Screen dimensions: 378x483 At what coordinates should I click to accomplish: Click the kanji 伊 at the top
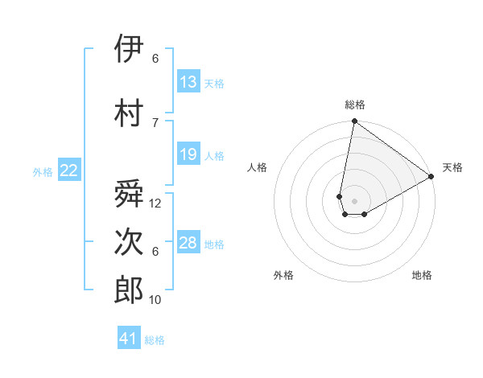(x=129, y=49)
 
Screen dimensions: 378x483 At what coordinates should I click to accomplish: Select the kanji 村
(x=129, y=112)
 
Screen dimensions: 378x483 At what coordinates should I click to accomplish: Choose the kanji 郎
(x=129, y=290)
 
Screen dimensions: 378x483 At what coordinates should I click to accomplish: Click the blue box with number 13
(x=188, y=82)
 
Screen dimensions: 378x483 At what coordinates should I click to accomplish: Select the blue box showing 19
(x=188, y=154)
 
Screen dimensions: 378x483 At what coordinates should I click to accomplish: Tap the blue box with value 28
(x=188, y=243)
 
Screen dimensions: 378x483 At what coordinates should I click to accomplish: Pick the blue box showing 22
(x=69, y=171)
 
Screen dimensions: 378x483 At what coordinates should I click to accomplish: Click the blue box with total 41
(x=129, y=339)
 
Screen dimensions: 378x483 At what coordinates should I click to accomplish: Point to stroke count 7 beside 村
(x=155, y=122)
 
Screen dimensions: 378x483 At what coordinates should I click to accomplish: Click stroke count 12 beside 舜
(x=155, y=203)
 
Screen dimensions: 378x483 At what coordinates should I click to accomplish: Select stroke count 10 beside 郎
(x=155, y=300)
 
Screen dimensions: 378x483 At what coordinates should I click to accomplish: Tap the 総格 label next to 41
(x=155, y=340)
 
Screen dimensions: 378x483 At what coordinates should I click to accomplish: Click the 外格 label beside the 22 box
(x=43, y=171)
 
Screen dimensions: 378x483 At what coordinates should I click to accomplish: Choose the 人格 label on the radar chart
(x=258, y=167)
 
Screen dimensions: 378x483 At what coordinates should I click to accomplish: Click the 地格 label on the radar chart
(x=422, y=275)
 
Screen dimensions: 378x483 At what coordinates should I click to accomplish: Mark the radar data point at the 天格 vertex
(x=432, y=177)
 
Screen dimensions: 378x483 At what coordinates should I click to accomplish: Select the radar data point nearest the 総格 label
(x=353, y=121)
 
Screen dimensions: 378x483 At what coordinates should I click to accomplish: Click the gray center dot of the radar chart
(x=353, y=199)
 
